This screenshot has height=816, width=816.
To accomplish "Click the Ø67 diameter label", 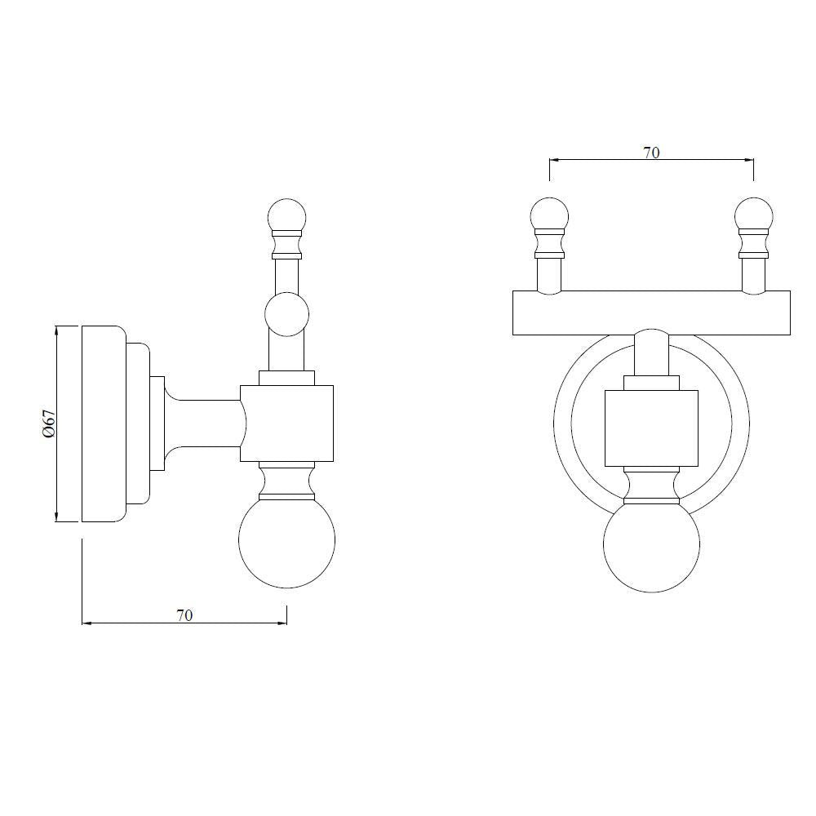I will (x=50, y=424).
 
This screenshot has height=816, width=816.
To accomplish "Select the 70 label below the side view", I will (x=184, y=615).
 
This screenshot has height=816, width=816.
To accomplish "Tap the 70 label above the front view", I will (x=651, y=152).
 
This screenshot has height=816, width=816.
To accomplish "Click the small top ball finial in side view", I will (x=286, y=215).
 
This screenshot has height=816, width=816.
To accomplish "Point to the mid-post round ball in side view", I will (x=287, y=315).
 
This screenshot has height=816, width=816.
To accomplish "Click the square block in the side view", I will (x=286, y=423).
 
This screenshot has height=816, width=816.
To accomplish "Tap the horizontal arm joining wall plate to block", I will (x=204, y=423).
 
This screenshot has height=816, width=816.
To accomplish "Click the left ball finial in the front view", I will (x=549, y=215).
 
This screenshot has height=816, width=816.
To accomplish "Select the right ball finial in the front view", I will (x=753, y=215).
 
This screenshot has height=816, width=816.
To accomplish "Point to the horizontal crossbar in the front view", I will (x=651, y=313).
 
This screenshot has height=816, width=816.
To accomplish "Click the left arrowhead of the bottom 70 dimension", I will (x=86, y=624).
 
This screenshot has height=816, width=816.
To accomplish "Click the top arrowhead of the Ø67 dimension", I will (x=56, y=330).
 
